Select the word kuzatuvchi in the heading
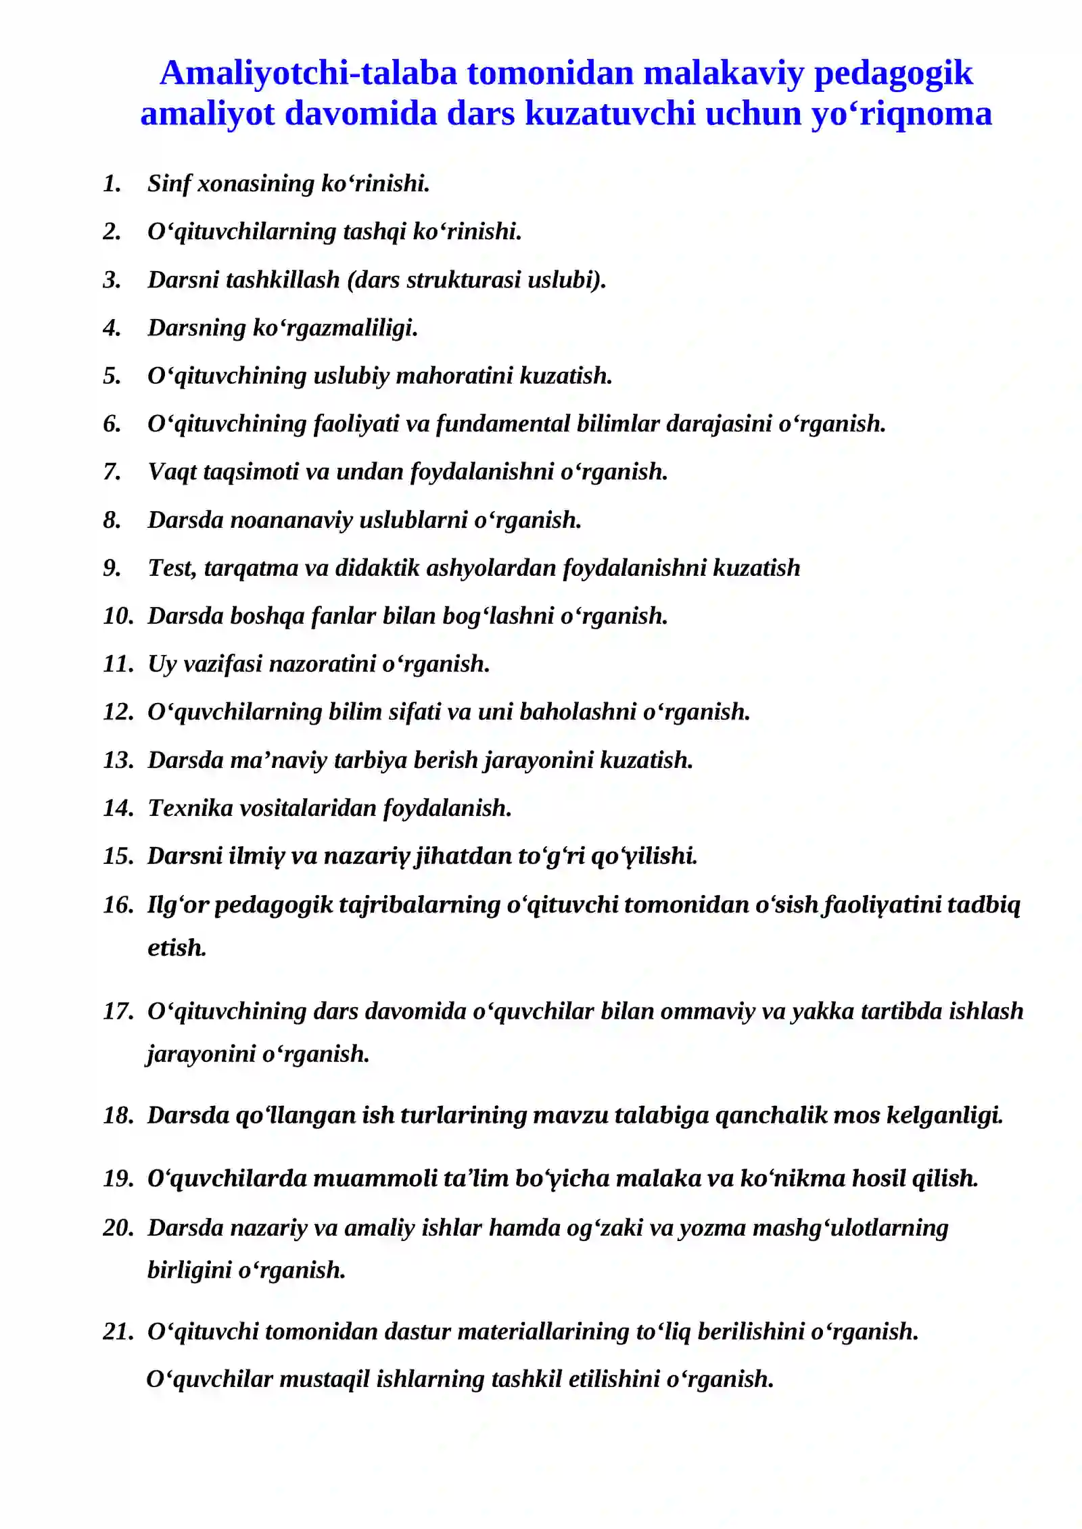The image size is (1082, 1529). pos(611,114)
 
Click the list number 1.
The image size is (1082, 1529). pos(112,184)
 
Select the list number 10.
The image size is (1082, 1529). pos(118,616)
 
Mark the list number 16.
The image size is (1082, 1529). pos(118,904)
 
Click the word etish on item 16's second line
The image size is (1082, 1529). pos(177,948)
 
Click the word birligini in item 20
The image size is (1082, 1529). pos(189,1269)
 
